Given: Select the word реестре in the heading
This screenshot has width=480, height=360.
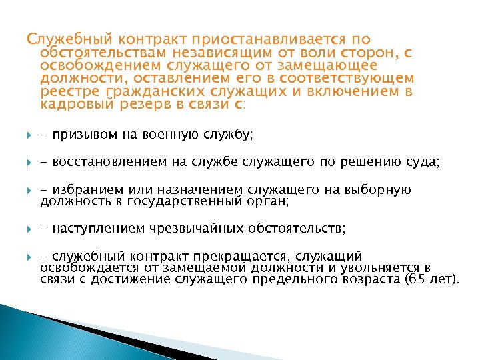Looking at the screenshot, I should (65, 91).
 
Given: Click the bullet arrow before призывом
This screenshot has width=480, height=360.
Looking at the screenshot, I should (29, 135).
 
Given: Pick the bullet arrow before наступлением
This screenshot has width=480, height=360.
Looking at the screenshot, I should (29, 229).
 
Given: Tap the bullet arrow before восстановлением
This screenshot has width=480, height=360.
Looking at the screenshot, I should (29, 163).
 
